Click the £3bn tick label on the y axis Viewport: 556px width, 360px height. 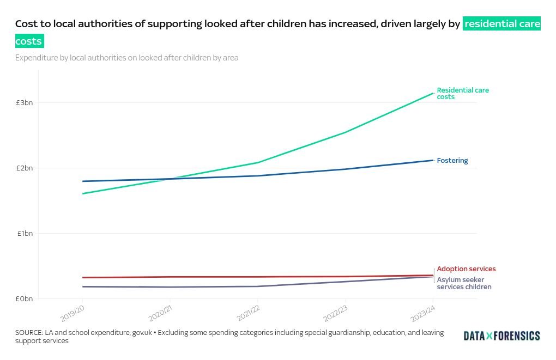click(24, 102)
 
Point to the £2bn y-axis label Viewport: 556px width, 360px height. click(24, 168)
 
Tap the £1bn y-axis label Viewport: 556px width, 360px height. click(24, 233)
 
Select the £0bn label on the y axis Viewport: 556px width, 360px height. click(24, 298)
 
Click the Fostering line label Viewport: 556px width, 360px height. click(452, 161)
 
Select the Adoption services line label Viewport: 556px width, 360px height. click(466, 269)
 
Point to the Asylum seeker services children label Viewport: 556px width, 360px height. click(463, 283)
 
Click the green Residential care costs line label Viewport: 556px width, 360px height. click(462, 93)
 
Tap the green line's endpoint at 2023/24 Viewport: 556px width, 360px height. click(433, 93)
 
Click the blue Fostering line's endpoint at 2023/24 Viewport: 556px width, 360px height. click(433, 160)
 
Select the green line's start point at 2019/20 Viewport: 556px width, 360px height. click(82, 193)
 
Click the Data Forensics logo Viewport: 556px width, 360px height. click(501, 336)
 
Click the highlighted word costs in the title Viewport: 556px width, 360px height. click(29, 41)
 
